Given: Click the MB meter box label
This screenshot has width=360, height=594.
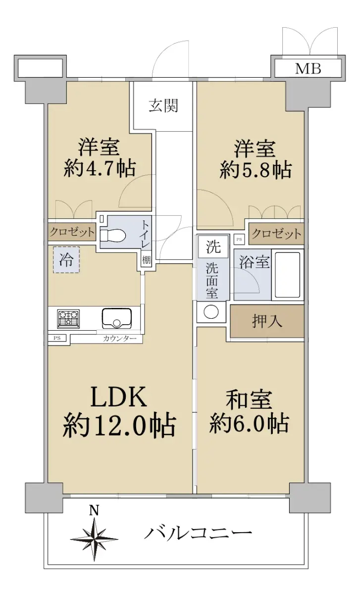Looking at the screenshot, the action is click(308, 69).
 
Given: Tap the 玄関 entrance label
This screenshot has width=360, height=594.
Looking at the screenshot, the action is click(163, 105).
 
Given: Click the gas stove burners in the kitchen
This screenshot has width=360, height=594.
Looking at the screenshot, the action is click(68, 319).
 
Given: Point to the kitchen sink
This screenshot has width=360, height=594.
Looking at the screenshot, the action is click(117, 318).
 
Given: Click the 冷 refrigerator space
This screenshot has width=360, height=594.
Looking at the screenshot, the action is click(66, 259).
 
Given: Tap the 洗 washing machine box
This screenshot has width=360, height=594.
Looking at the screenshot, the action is click(213, 247).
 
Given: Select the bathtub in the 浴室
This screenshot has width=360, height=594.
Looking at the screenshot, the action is click(287, 275).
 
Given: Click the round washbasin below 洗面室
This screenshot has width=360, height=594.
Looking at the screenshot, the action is click(211, 311).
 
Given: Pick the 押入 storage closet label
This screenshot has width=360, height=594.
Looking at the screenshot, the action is click(267, 321).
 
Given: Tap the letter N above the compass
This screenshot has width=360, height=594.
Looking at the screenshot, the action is click(94, 511).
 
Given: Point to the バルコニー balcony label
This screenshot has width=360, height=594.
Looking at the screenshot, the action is click(198, 533).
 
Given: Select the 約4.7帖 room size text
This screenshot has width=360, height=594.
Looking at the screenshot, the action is click(100, 169).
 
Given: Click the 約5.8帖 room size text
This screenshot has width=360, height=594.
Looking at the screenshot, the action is click(256, 169).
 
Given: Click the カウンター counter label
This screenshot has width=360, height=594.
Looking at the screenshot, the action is click(120, 339).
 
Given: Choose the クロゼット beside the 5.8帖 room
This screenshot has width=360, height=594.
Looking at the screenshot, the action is click(276, 234).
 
